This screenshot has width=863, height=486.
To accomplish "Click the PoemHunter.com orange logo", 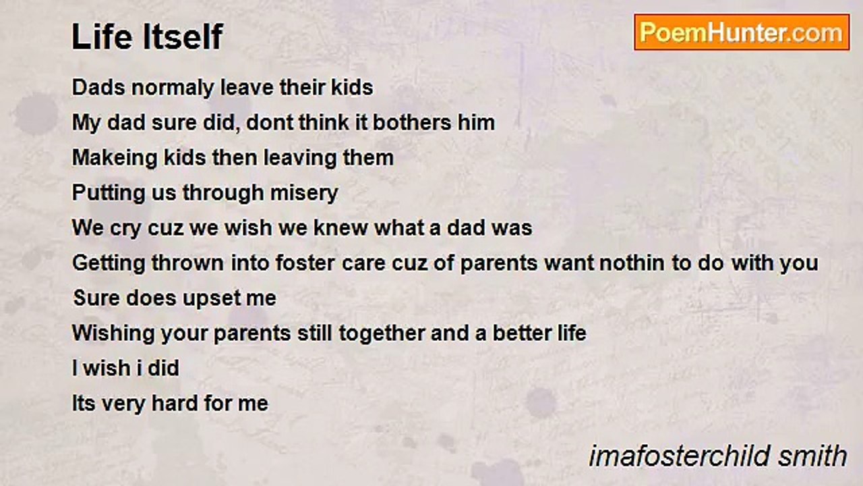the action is pos(742,32).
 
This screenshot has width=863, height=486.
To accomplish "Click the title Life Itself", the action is pos(147,36).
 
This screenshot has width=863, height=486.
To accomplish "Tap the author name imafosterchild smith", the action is pos(718,456).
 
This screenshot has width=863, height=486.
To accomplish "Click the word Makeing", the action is pos(115,159).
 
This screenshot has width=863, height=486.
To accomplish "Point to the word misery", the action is pos(304,193).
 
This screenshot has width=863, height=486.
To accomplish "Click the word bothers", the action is pos(412,123).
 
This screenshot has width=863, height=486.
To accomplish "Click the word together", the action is pos(382,333).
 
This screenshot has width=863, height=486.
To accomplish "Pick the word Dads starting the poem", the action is pos(98,88).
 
